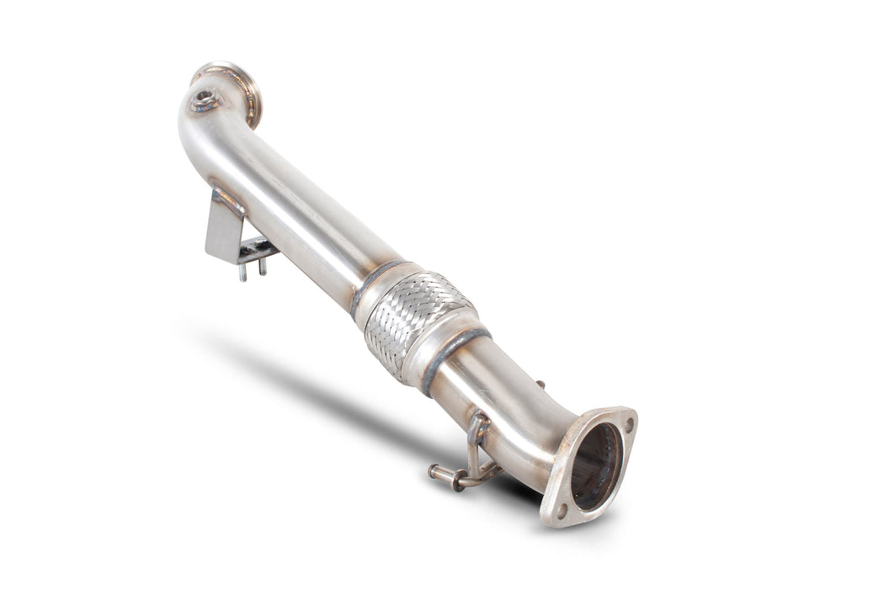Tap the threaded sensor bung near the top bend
point(203,102)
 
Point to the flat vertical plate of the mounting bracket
point(222,227)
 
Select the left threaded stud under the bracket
point(242,271)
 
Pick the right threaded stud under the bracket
point(261,266)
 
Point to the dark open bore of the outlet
point(596,467)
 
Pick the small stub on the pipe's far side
point(538,385)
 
